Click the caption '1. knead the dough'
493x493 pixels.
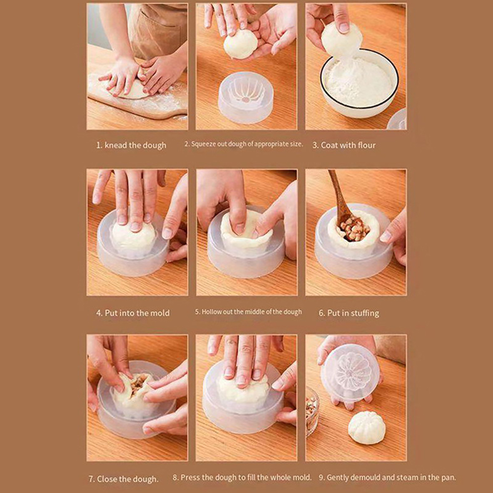pos(131,145)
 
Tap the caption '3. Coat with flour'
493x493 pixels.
pos(344,145)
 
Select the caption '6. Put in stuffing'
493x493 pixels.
pos(349,313)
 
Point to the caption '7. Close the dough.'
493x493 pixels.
pos(124,479)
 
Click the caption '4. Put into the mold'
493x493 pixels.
pos(133,313)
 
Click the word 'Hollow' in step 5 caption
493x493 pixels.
pos(212,312)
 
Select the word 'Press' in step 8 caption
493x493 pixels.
pos(191,478)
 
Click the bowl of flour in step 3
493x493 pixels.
pos(359,83)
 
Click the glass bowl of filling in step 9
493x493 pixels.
pos(312,411)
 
